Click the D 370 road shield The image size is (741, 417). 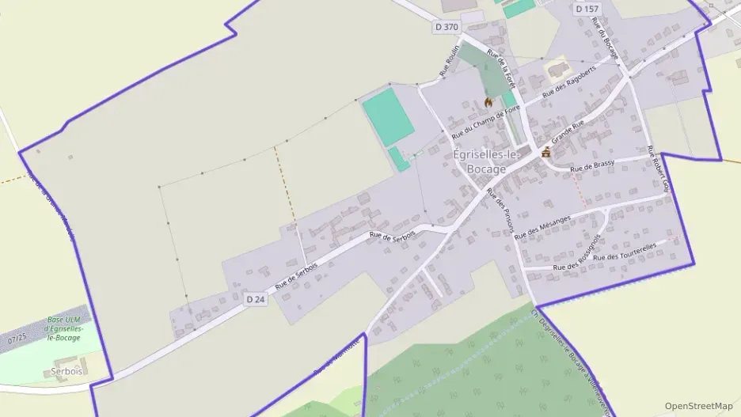tap(446, 27)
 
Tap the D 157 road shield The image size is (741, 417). tap(587, 9)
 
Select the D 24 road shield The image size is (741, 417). tap(255, 299)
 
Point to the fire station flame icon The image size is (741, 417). tap(488, 102)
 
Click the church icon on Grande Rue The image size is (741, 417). tap(546, 152)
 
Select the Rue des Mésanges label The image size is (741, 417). tap(542, 227)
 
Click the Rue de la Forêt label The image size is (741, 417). tap(501, 67)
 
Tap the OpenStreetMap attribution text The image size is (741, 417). tap(698, 406)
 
